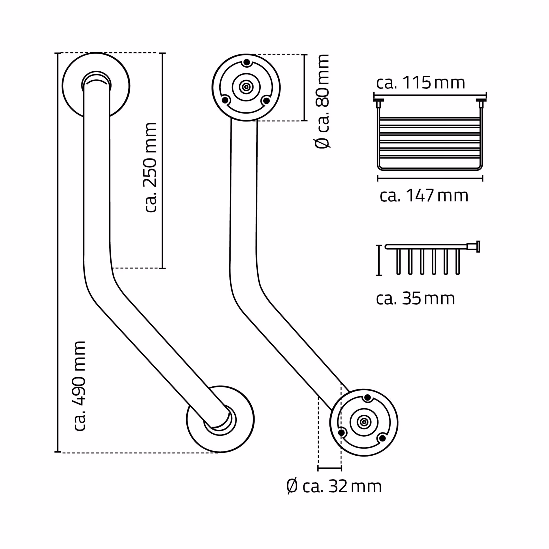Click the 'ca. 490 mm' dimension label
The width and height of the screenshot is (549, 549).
click(x=80, y=386)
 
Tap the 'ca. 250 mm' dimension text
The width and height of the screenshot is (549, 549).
click(x=150, y=168)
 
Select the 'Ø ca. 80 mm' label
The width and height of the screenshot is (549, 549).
click(x=322, y=101)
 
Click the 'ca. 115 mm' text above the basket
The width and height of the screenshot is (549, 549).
click(x=420, y=83)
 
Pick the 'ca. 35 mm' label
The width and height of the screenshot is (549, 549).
click(x=415, y=298)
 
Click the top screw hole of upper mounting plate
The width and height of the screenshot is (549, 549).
click(x=246, y=62)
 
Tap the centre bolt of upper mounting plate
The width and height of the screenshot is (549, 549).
click(x=246, y=87)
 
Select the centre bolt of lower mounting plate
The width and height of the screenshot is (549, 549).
click(x=364, y=422)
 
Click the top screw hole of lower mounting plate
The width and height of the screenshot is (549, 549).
click(x=368, y=398)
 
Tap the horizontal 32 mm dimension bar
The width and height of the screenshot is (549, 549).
click(x=329, y=468)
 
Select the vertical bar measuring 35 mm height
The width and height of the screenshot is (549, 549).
click(x=379, y=260)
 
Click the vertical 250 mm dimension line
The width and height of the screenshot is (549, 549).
click(x=162, y=160)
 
